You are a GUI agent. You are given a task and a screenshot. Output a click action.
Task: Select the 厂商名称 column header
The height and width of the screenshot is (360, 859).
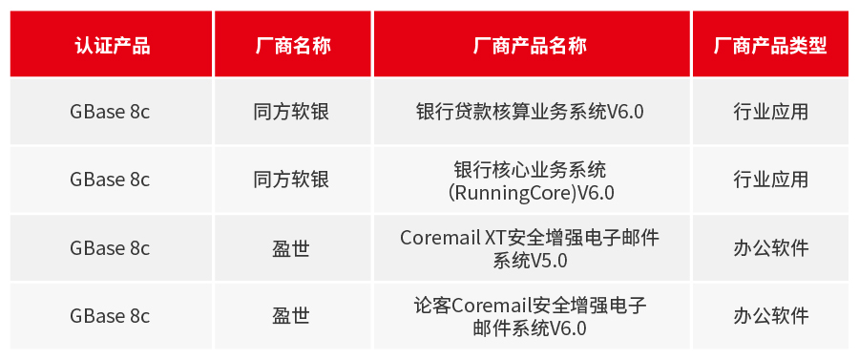coord(293,46)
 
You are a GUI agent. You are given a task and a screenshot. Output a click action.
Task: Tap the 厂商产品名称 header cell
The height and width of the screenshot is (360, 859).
coord(530,46)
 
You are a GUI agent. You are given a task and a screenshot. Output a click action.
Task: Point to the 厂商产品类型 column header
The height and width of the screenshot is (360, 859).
coord(770,46)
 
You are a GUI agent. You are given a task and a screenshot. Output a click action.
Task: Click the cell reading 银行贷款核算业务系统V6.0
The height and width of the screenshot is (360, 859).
coord(530,112)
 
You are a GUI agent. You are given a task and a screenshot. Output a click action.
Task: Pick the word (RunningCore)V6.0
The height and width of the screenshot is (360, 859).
coord(531,192)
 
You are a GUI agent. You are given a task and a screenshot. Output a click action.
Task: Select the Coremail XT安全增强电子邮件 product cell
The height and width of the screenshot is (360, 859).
coord(530,237)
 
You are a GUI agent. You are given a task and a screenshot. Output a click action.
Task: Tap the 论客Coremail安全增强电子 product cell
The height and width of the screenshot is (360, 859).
coord(530,306)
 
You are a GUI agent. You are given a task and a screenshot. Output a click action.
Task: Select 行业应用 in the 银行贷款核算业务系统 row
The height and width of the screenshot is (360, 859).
coord(770,112)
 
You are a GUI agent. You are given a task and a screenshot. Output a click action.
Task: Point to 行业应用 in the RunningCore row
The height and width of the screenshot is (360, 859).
coord(770,180)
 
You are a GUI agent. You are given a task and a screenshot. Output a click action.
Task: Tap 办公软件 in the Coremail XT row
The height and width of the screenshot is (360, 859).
coord(770,248)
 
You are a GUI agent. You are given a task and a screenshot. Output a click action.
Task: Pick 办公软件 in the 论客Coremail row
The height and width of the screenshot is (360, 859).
coord(770,316)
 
